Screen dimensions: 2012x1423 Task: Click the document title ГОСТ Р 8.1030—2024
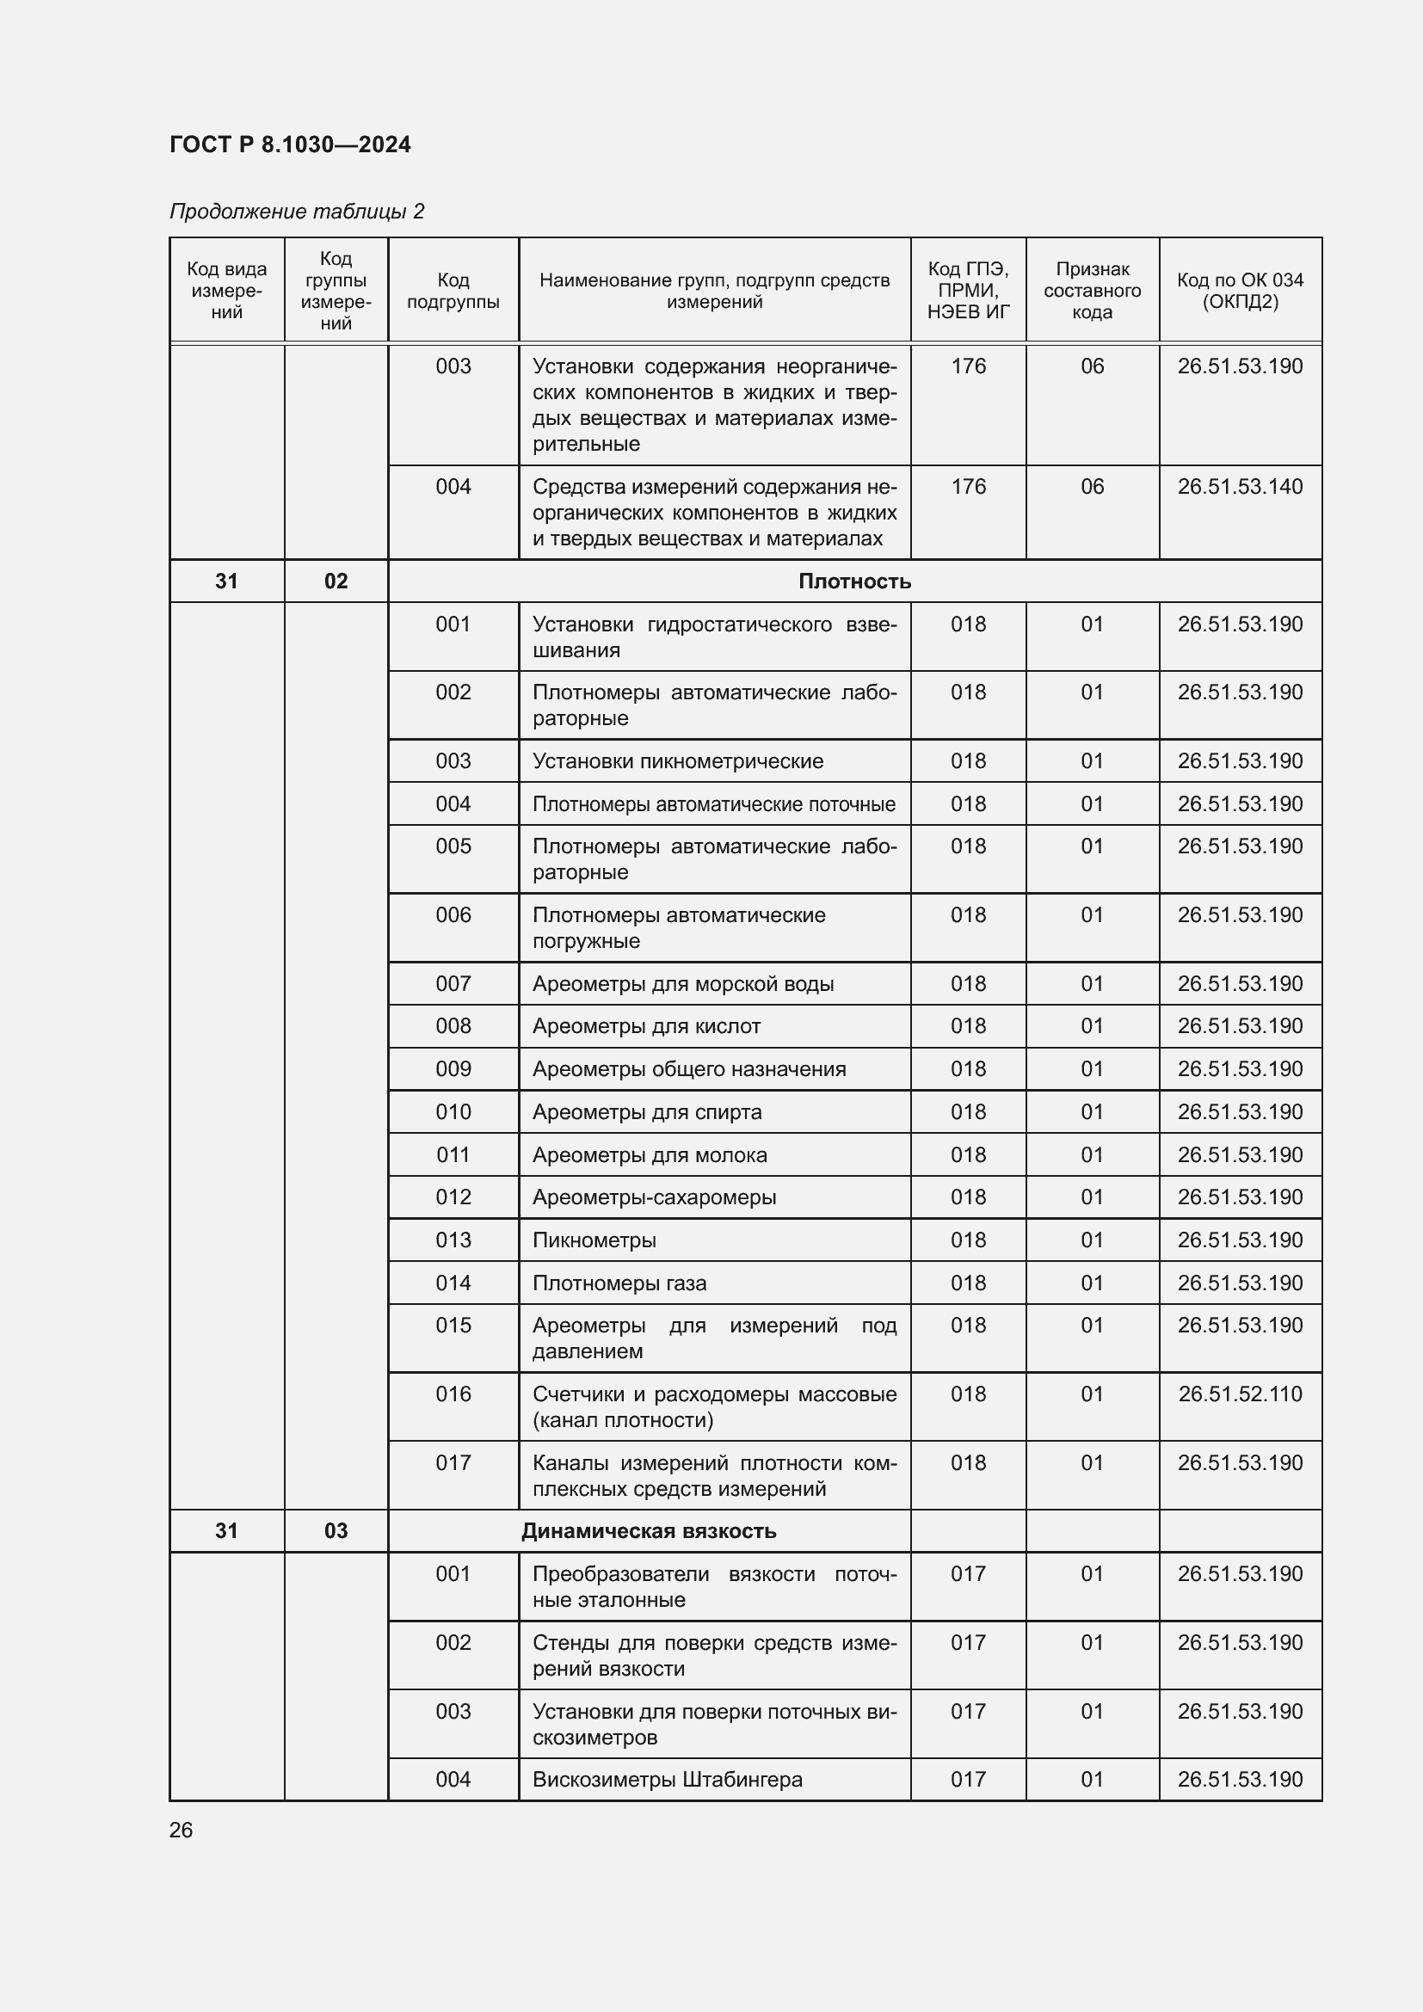pyautogui.click(x=290, y=145)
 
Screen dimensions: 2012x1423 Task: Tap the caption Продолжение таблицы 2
pyautogui.click(x=296, y=212)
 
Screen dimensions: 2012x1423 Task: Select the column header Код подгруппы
pyautogui.click(x=453, y=291)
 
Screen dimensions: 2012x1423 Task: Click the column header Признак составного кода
pyautogui.click(x=1092, y=291)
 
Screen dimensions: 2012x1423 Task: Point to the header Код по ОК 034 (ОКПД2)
pyautogui.click(x=1239, y=291)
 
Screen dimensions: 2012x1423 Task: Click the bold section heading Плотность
pyautogui.click(x=853, y=581)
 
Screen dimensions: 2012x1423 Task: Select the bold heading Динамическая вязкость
pyautogui.click(x=649, y=1531)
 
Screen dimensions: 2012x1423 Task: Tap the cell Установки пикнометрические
pyautogui.click(x=677, y=760)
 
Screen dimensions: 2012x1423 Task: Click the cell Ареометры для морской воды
pyautogui.click(x=682, y=983)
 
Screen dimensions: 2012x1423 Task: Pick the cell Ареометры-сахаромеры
pyautogui.click(x=654, y=1197)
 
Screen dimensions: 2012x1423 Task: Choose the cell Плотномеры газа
pyautogui.click(x=619, y=1283)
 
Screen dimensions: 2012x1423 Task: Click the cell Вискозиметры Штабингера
pyautogui.click(x=667, y=1779)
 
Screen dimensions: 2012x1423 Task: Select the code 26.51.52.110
pyautogui.click(x=1239, y=1394)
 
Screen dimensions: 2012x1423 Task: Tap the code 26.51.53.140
pyautogui.click(x=1239, y=486)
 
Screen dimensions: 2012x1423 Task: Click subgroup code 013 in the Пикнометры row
pyautogui.click(x=453, y=1240)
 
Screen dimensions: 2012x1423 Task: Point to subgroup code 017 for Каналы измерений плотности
pyautogui.click(x=453, y=1462)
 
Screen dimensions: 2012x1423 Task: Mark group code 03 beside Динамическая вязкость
pyautogui.click(x=336, y=1531)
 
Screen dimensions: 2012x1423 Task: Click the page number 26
pyautogui.click(x=181, y=1830)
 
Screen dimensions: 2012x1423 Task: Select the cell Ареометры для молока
pyautogui.click(x=650, y=1155)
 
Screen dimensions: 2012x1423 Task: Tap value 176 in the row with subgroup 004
pyautogui.click(x=967, y=486)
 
